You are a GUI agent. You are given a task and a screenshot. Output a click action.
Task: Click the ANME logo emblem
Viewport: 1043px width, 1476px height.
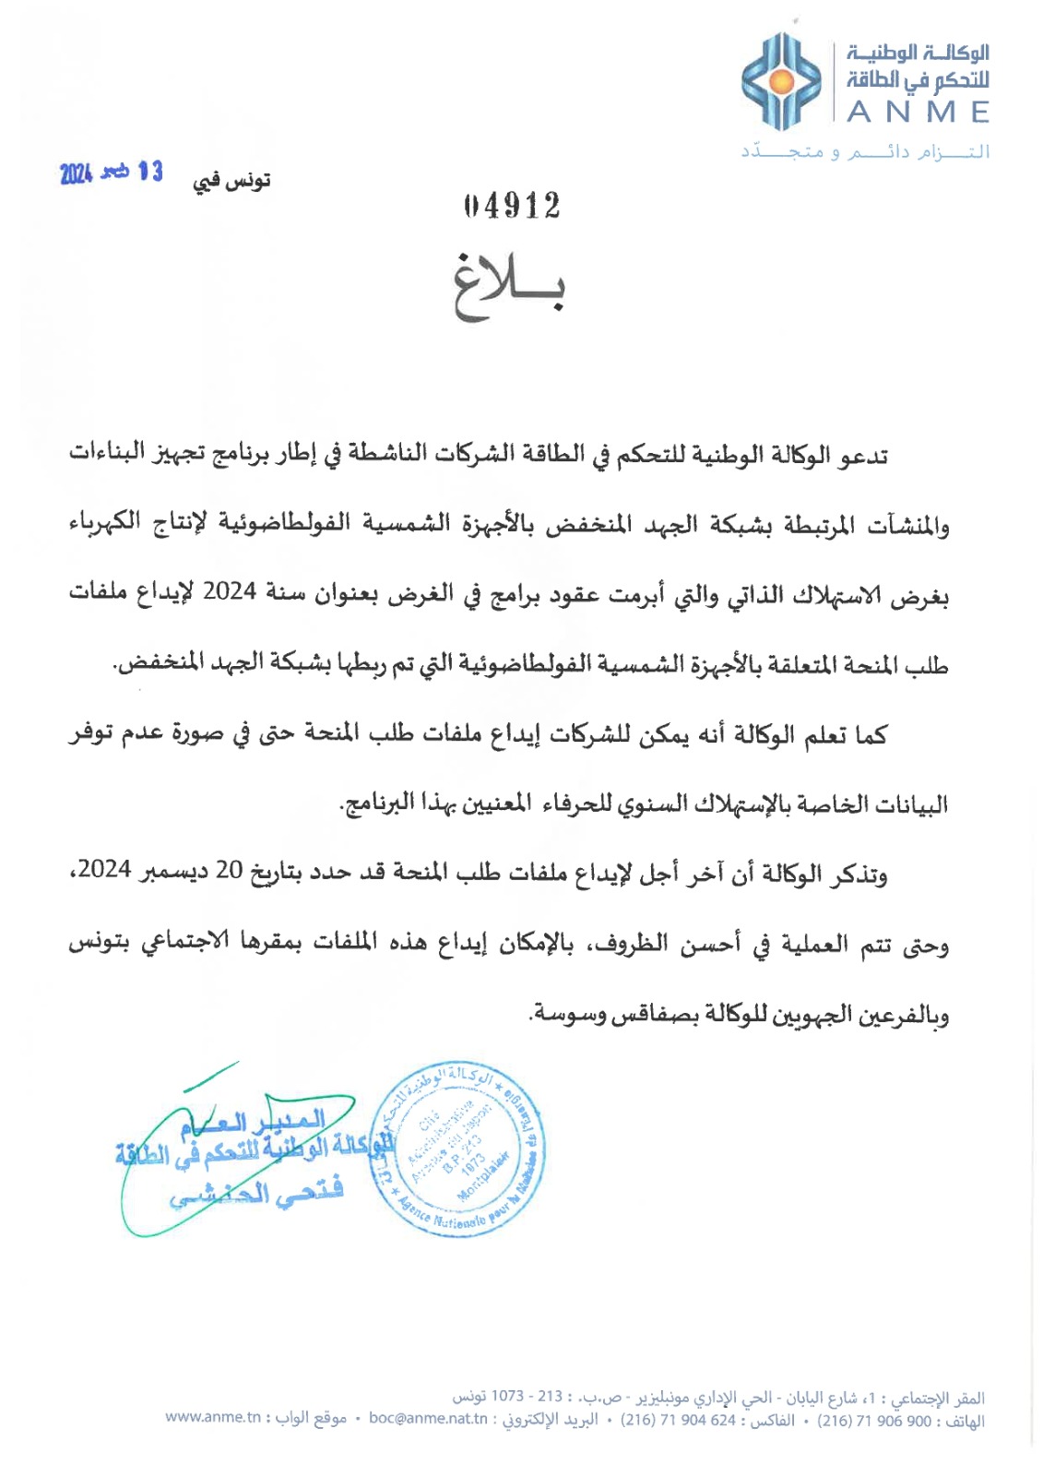click(781, 81)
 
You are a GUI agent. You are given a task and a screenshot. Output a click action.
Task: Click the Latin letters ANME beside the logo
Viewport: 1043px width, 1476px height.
click(918, 113)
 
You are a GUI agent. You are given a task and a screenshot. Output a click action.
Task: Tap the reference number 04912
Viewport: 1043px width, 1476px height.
click(513, 206)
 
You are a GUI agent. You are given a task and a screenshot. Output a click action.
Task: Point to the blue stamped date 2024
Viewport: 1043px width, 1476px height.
click(76, 173)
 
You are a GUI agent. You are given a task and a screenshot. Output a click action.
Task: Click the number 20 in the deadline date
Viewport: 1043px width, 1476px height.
click(228, 872)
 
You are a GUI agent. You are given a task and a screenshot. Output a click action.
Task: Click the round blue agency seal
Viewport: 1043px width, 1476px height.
click(458, 1149)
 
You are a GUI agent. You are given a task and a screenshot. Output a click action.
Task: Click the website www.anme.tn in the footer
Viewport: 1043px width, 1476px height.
click(213, 1418)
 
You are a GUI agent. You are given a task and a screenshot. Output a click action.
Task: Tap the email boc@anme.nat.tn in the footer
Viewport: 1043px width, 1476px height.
click(428, 1418)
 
